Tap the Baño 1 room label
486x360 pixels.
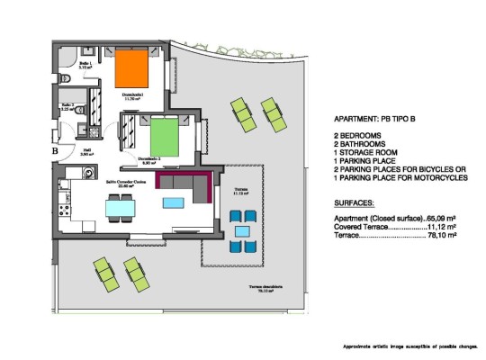[x=86, y=63]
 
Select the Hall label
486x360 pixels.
[x=87, y=152]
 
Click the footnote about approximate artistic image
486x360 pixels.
[x=409, y=346]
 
